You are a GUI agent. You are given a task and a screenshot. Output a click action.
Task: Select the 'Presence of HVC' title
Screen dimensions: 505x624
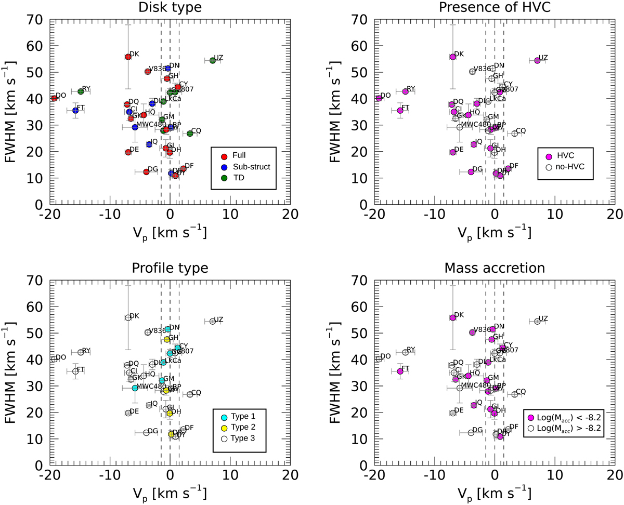[494, 8]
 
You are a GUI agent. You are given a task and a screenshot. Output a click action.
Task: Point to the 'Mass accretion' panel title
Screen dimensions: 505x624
[494, 269]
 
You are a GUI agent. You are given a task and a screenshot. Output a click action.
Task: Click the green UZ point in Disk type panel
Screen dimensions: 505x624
[212, 60]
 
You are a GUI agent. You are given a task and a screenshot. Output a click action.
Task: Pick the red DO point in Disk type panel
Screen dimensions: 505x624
[54, 98]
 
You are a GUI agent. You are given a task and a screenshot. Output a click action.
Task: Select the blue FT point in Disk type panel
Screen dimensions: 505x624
[75, 111]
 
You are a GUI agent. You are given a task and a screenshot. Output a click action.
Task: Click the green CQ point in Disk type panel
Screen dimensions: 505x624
[190, 134]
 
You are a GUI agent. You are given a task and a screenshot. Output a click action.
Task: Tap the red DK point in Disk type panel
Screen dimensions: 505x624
[128, 57]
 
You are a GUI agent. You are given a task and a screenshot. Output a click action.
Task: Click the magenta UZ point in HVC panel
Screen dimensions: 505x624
[537, 60]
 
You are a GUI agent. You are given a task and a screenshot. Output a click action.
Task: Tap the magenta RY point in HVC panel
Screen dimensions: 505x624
[405, 91]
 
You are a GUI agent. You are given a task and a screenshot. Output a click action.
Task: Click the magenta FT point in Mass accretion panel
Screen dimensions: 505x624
[400, 371]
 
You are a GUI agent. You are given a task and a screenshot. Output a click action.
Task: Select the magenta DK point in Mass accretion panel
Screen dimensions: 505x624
[452, 317]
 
